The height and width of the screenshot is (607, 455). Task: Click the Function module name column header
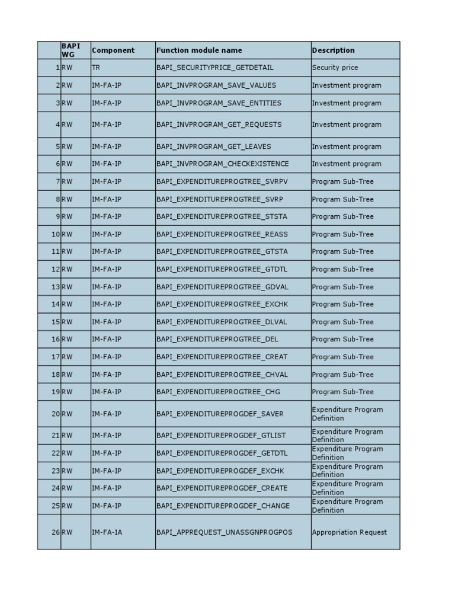point(199,50)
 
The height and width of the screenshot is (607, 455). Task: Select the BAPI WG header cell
point(71,50)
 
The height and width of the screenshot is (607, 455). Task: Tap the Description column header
point(334,50)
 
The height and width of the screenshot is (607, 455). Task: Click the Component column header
point(113,50)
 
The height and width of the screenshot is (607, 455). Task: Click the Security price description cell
point(335,68)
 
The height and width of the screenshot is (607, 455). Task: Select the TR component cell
point(96,68)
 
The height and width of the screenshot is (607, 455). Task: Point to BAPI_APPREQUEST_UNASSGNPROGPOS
point(225,532)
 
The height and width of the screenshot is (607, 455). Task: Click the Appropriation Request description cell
point(350,532)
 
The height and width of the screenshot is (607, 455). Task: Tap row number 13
point(56,287)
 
